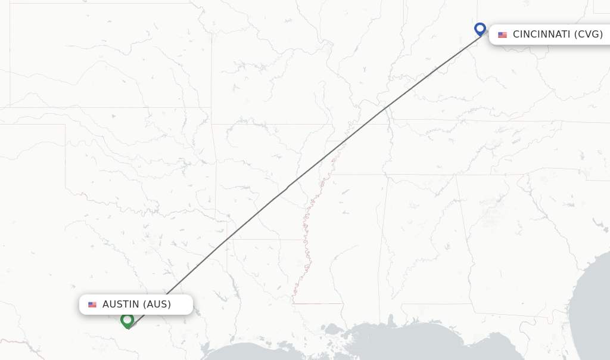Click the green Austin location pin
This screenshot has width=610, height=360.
127,320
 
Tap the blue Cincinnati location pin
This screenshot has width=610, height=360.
480,29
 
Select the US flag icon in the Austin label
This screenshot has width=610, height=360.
92,305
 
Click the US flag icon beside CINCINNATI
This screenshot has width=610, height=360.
502,35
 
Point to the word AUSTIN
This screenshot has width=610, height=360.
120,305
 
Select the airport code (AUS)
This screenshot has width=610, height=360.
156,305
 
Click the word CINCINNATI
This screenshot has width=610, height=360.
541,35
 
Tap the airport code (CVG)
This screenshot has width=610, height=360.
589,35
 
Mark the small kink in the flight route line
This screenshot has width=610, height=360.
288,187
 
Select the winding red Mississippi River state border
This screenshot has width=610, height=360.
306,238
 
